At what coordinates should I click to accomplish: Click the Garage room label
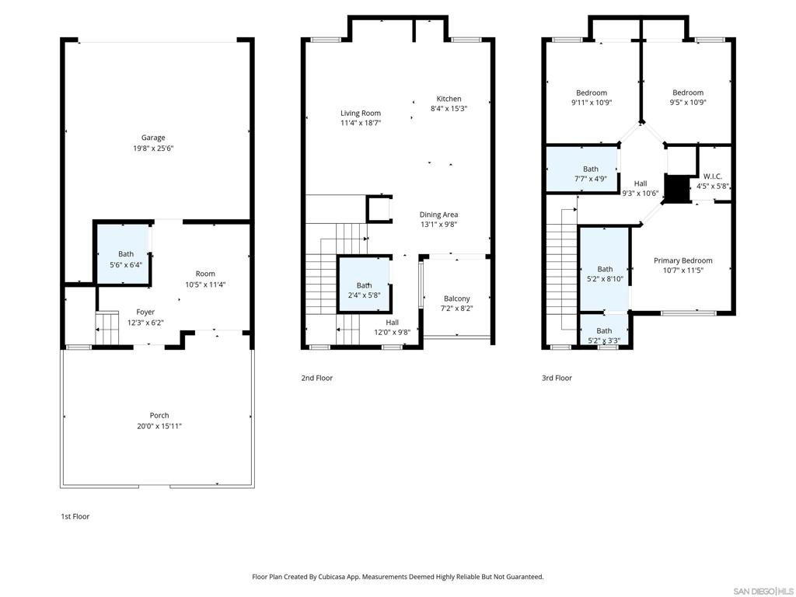153,138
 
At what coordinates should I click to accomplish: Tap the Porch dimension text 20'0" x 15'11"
159,427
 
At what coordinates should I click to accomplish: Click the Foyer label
145,312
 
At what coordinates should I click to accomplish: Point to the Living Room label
361,113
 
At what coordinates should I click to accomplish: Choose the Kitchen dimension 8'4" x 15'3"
449,109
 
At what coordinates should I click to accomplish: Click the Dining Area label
438,215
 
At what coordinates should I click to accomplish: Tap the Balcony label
457,299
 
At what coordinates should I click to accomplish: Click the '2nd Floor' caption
317,379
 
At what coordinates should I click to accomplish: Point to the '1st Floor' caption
75,517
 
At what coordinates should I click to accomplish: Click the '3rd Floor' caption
557,379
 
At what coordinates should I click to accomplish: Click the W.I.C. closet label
713,176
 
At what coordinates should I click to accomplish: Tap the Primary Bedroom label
683,261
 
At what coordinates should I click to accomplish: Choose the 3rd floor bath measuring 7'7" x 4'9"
582,169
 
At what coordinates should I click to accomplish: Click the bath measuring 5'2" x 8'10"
604,269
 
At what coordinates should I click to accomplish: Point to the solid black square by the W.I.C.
676,189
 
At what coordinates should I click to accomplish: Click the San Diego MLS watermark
763,592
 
